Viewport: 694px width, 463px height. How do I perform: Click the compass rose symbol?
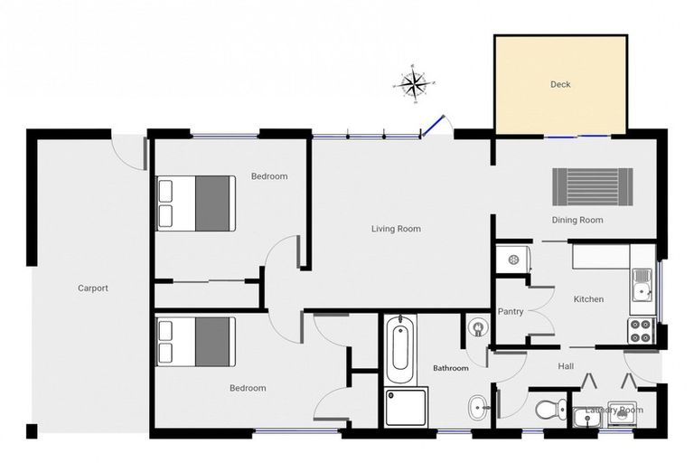[x=413, y=85]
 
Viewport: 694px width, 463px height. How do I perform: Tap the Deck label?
[x=560, y=85]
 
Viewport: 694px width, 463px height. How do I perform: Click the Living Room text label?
[x=396, y=229]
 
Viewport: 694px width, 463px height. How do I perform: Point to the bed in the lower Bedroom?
[x=196, y=342]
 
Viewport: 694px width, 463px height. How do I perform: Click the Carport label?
[x=92, y=288]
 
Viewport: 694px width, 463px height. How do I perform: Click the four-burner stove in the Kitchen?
[x=641, y=331]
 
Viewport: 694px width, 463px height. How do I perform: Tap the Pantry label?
[x=511, y=311]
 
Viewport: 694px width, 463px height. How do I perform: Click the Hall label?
[x=566, y=365]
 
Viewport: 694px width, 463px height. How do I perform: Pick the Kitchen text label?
[x=588, y=299]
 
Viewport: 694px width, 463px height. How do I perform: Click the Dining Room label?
[x=577, y=220]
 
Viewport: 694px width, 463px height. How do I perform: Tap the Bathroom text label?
[x=450, y=368]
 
